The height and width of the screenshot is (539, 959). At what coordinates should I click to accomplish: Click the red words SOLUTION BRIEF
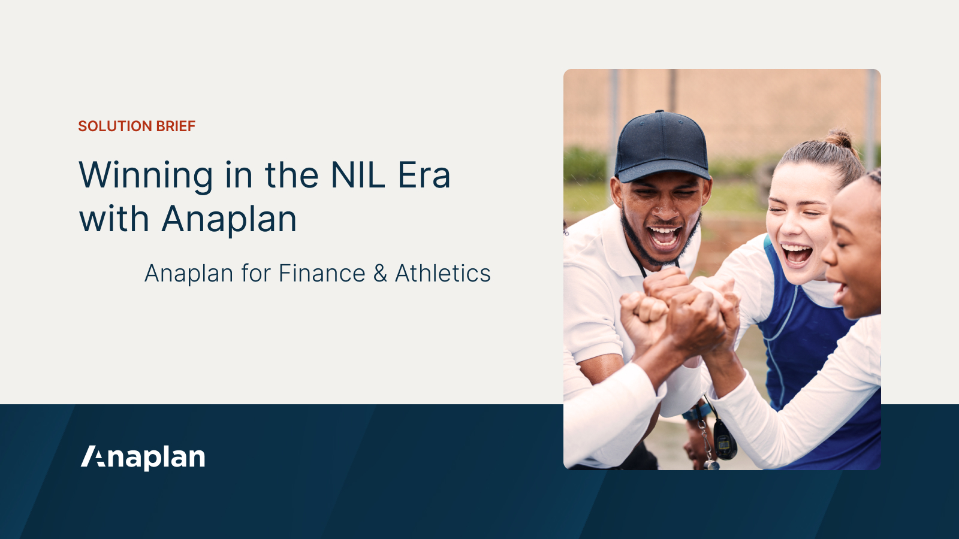[x=137, y=126]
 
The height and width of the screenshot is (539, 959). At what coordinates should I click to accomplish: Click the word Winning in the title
[x=146, y=176]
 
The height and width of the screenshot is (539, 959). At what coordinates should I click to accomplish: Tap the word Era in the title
[x=424, y=175]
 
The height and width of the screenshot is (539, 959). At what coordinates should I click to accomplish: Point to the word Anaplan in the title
[x=230, y=220]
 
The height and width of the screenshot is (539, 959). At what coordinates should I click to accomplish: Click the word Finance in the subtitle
[x=322, y=274]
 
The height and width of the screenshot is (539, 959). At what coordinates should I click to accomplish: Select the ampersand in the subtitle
[x=380, y=274]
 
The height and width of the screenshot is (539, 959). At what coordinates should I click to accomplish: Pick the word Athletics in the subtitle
[x=443, y=274]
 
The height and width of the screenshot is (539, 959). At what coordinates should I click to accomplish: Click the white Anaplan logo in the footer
[x=143, y=458]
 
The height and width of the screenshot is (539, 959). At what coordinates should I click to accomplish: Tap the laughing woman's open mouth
[x=797, y=253]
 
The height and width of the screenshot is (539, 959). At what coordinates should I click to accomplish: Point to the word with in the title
[x=114, y=220]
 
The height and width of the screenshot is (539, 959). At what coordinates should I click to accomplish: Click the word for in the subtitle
[x=256, y=274]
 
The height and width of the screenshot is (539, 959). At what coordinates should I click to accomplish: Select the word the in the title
[x=291, y=175]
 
